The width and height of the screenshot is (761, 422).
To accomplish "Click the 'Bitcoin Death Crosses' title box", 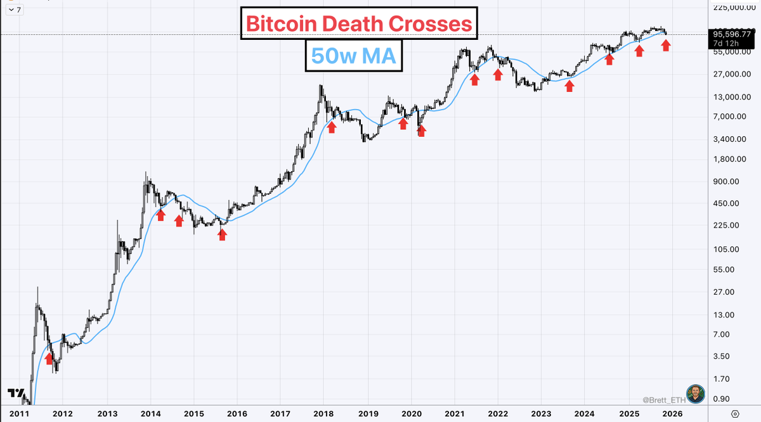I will click(358, 24).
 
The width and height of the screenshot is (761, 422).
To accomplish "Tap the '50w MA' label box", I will click(353, 57).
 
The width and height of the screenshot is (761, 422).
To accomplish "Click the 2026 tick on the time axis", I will click(672, 414).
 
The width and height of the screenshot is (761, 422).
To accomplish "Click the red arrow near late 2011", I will click(49, 359).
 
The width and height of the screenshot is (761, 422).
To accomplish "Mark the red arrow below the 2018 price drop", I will click(330, 127).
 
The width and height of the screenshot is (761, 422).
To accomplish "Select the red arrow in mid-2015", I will click(222, 234).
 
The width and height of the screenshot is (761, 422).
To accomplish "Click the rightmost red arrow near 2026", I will click(665, 45).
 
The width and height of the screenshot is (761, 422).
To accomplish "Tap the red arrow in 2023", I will click(569, 86).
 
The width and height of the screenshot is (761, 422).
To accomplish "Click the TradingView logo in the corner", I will click(16, 394).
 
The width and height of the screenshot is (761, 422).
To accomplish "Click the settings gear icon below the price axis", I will click(735, 414).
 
